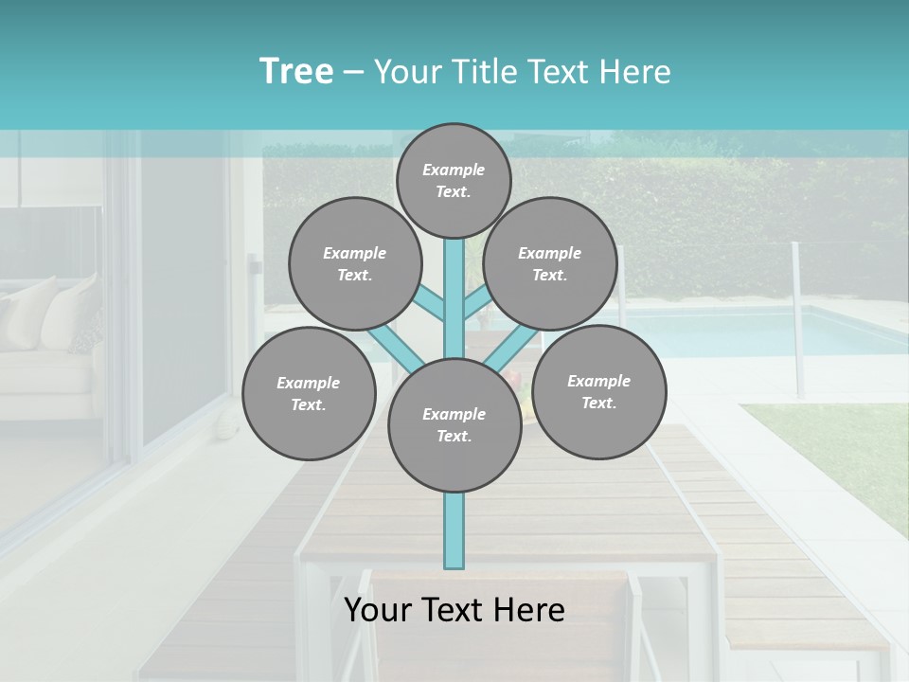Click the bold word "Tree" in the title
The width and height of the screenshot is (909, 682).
296,72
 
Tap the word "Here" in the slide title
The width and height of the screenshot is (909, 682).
635,72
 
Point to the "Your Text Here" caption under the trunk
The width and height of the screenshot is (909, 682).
454,610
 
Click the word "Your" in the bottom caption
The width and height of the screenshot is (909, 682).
376,610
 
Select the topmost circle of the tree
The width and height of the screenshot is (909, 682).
454,180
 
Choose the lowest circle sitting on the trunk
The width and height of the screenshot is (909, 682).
454,425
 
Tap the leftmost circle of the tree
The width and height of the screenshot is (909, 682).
309,393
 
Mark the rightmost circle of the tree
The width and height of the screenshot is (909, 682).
598,391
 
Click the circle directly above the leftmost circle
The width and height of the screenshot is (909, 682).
355,263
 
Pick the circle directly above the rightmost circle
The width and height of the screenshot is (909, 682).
550,263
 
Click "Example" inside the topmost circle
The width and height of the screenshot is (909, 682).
454,170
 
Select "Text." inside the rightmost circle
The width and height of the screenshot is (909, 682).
598,403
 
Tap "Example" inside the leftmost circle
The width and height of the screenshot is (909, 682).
308,383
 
